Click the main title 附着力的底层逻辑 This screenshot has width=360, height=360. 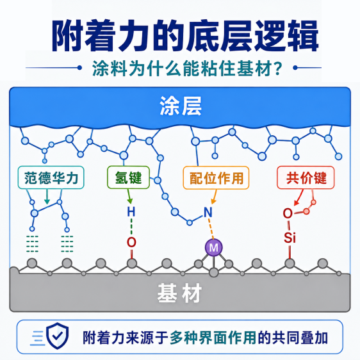185,36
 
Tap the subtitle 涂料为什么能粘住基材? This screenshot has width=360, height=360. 187,68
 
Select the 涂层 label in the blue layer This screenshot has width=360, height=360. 181,106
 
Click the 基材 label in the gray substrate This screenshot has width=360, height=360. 179,293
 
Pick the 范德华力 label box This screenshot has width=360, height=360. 51,177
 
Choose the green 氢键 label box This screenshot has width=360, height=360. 128,177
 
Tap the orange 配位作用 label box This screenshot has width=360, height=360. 216,177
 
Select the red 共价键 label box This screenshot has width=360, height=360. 306,177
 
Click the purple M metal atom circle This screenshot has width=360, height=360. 214,247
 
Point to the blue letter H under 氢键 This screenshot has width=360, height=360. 131,212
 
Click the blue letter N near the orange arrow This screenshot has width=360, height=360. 208,213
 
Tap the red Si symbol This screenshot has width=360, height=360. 290,238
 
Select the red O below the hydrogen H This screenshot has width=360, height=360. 131,242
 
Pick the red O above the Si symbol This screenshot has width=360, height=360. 288,213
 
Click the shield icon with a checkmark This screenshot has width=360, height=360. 58,336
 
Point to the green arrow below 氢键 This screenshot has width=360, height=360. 129,197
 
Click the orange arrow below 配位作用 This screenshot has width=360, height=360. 215,197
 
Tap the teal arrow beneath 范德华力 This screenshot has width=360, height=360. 47,197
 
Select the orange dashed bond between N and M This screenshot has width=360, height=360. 211,229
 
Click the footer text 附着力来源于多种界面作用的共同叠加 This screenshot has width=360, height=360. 205,338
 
